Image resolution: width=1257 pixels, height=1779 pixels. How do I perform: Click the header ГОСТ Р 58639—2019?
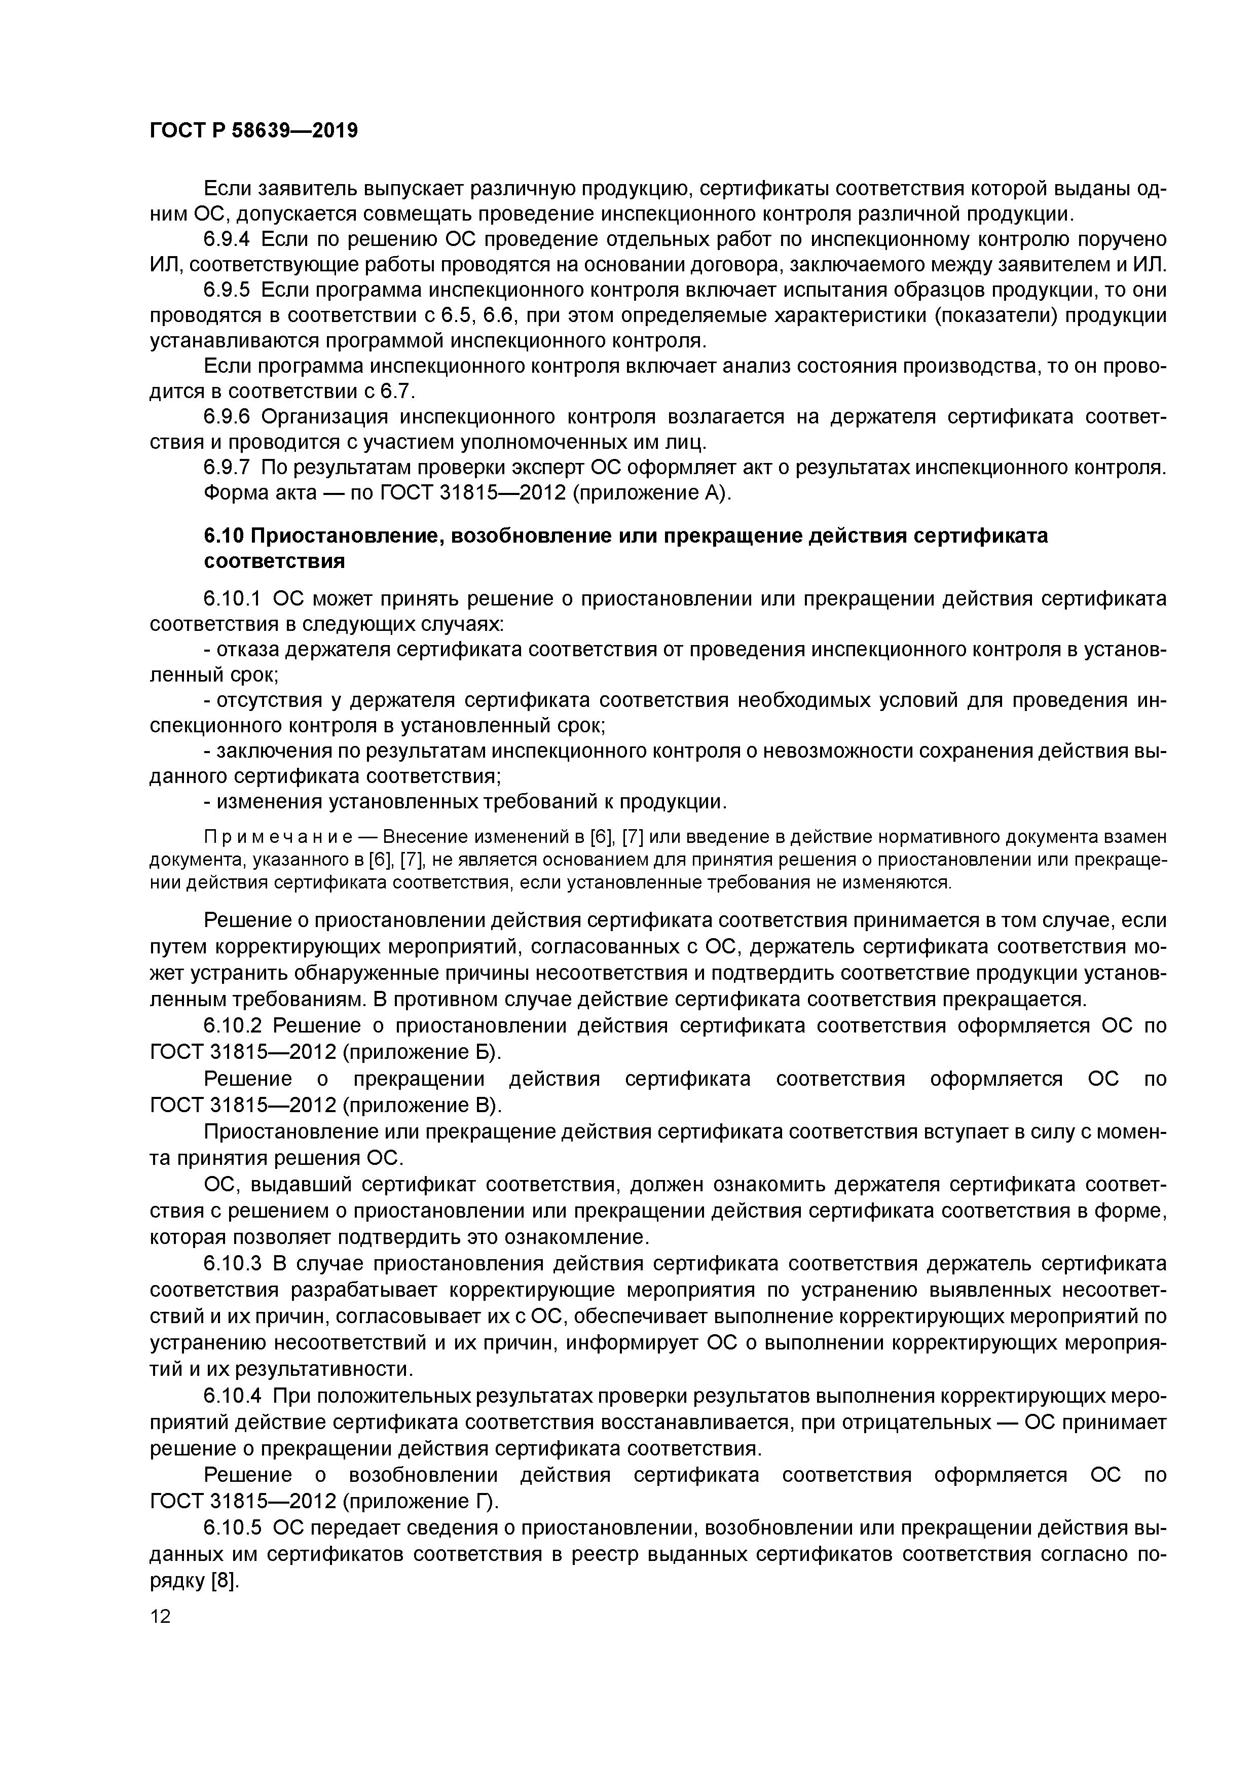point(254,130)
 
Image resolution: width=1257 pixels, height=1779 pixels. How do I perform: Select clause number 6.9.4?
point(227,239)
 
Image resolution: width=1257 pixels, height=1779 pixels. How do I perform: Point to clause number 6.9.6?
point(227,417)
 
